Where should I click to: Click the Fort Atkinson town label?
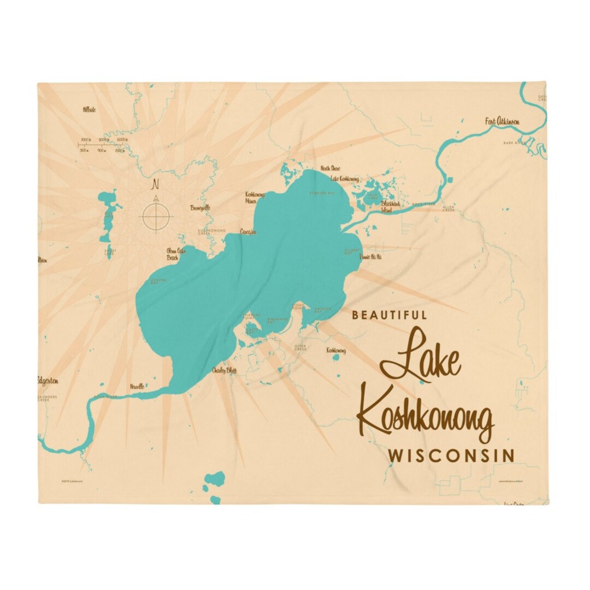501,121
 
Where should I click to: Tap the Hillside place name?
89,110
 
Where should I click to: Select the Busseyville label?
200,208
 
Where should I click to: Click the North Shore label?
330,168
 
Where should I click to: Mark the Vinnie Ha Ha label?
370,257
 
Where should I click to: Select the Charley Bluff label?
224,370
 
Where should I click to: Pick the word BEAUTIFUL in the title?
390,315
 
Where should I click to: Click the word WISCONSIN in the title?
451,455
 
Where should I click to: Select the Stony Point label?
298,306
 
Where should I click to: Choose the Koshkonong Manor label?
255,197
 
